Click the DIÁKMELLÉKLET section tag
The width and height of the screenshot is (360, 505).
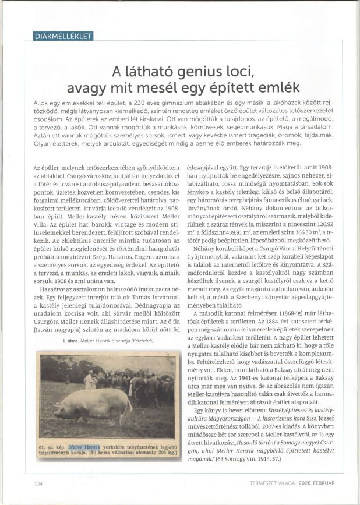point(63,37)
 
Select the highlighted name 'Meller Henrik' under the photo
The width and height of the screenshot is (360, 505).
point(84,446)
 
